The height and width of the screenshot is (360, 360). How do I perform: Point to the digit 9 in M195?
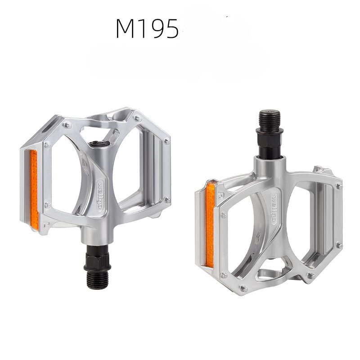click(157, 29)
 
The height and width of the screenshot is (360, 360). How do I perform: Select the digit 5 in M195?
click(172, 29)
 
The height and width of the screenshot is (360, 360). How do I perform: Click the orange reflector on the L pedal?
click(34, 189)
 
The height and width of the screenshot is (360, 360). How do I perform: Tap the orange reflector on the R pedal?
click(210, 225)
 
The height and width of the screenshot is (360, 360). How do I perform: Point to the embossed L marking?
click(46, 224)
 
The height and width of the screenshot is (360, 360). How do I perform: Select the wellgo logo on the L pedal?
click(100, 195)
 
